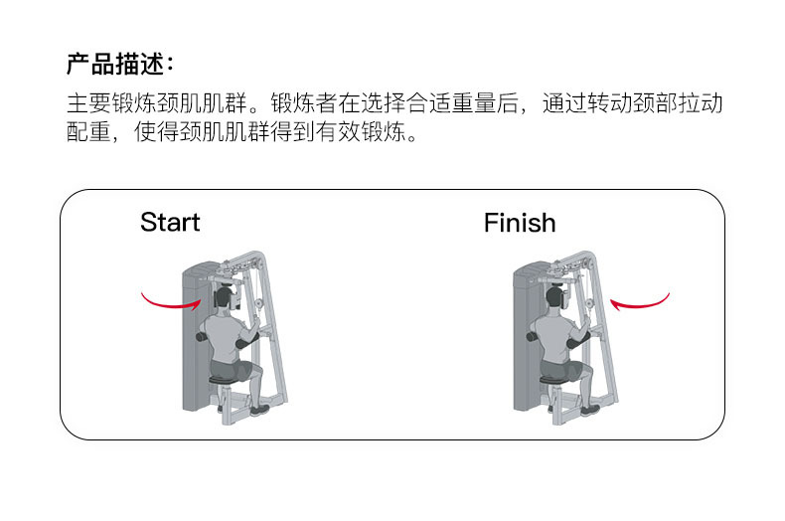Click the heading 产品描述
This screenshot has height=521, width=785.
coord(119,65)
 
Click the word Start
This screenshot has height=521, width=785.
coord(170,222)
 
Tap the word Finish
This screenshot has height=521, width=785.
coord(520,223)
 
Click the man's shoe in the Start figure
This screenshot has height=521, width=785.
coord(259,409)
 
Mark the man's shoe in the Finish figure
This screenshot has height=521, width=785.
coord(589,409)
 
